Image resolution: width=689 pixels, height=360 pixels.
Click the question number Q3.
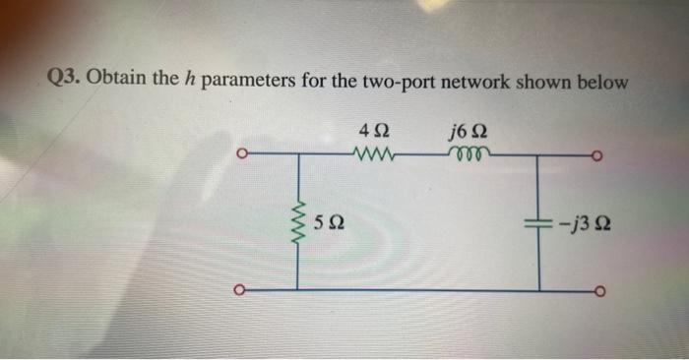pyautogui.click(x=66, y=81)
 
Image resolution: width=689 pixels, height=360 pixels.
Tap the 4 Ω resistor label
pyautogui.click(x=374, y=130)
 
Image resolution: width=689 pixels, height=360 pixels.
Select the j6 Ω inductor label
pyautogui.click(x=468, y=130)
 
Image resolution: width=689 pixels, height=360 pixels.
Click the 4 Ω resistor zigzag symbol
pyautogui.click(x=374, y=153)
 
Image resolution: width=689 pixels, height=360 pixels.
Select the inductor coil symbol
pyautogui.click(x=466, y=153)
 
